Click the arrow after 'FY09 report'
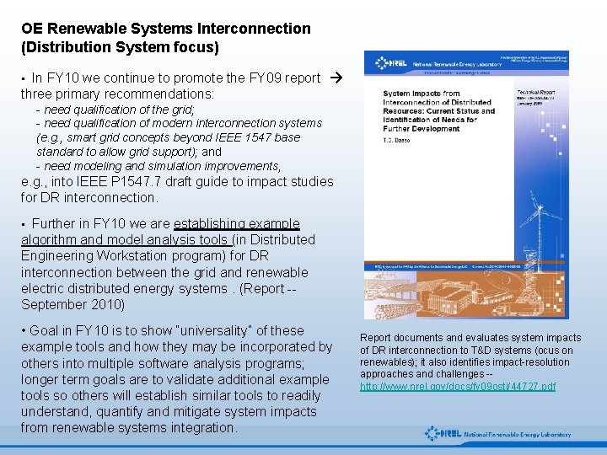(x=336, y=78)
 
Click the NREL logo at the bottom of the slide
(x=497, y=434)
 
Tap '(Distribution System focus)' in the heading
(x=120, y=46)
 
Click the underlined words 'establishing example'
(x=237, y=224)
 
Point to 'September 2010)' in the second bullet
(x=73, y=304)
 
